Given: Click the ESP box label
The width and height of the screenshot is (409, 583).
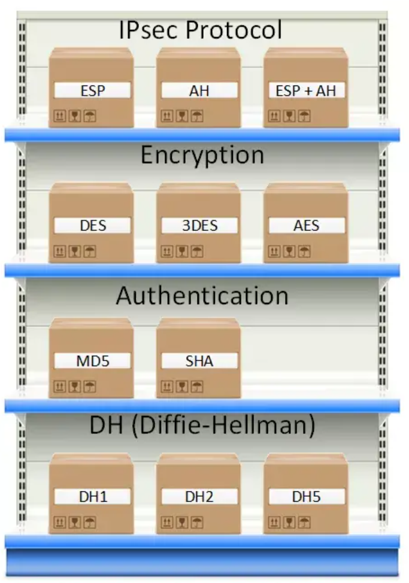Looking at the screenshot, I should point(92,90).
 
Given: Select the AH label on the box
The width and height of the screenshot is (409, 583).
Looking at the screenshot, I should point(199,90).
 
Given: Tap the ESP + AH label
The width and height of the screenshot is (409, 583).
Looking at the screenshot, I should point(307,90).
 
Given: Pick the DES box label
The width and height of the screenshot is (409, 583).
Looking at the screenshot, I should point(92,226).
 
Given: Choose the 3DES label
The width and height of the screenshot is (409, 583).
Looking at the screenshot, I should point(199,226).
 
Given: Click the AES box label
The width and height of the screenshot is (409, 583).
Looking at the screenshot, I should point(307,226).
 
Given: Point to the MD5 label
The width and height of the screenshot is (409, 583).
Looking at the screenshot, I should point(92,361).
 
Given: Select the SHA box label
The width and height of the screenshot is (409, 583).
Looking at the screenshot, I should point(199,361).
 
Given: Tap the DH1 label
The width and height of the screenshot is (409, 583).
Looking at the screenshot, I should point(92,496).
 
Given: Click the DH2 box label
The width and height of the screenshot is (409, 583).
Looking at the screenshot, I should point(199,496).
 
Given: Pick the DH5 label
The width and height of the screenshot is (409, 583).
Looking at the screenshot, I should point(307,496).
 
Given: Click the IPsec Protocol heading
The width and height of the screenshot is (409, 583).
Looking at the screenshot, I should point(201,29).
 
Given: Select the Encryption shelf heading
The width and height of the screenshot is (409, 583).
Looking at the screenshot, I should point(202,155).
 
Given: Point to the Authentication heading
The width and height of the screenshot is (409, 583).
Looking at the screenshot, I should point(202,296).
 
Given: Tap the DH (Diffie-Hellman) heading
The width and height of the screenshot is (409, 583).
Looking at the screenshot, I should point(202,426).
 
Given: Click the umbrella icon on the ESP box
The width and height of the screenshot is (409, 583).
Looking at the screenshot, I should point(89,116).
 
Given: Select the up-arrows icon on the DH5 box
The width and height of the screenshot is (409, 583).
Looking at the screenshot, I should point(274,522).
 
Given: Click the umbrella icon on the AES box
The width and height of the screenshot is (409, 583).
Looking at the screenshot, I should point(304,251).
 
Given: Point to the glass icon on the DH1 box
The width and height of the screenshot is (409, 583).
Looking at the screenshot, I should point(75,522).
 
